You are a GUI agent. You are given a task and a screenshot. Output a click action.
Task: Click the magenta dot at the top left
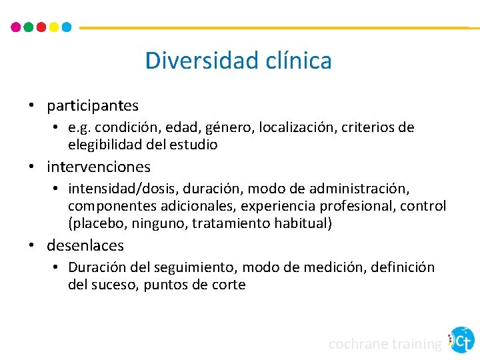(x=16, y=27)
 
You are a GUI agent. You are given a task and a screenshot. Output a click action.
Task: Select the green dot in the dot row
(x=29, y=27)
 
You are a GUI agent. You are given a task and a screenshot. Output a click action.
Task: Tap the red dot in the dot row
(x=41, y=27)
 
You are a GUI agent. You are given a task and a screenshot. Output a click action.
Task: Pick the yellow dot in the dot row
(x=54, y=27)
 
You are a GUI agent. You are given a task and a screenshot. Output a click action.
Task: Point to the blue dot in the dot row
(x=67, y=27)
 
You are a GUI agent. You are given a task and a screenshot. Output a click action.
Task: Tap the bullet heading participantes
(x=93, y=105)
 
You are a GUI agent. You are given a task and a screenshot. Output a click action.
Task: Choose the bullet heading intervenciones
(x=99, y=167)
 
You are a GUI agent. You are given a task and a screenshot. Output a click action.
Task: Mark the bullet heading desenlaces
(x=85, y=245)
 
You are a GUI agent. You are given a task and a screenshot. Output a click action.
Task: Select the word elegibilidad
(x=107, y=144)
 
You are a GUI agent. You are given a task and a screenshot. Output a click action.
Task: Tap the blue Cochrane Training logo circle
(x=461, y=340)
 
